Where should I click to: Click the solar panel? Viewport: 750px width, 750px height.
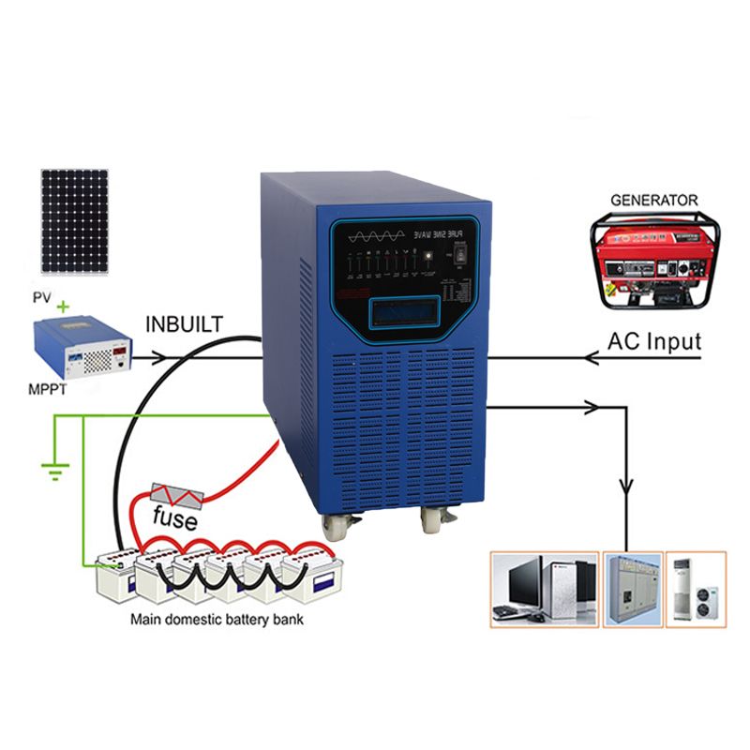pyautogui.click(x=73, y=220)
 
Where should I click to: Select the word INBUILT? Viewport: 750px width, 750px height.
pyautogui.click(x=185, y=324)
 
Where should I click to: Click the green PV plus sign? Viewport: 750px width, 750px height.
pyautogui.click(x=64, y=306)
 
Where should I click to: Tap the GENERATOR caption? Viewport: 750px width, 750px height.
pyautogui.click(x=654, y=200)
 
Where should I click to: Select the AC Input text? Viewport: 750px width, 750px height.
pyautogui.click(x=653, y=341)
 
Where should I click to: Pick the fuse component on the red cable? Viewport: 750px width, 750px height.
pyautogui.click(x=178, y=494)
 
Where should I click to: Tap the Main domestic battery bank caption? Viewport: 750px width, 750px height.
pyautogui.click(x=217, y=620)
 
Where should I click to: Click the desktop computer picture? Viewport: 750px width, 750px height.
pyautogui.click(x=544, y=589)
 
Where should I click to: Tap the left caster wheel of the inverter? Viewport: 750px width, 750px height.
pyautogui.click(x=336, y=526)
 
